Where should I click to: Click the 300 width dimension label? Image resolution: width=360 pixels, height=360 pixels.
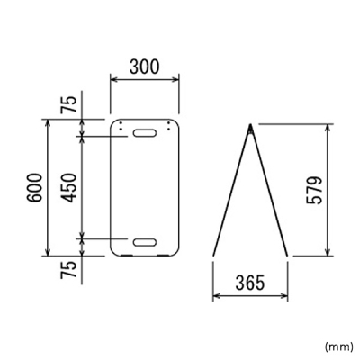[x=144, y=67]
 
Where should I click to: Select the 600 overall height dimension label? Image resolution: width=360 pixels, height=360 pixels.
[x=33, y=187]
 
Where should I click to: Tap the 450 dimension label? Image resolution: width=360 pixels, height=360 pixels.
[x=67, y=187]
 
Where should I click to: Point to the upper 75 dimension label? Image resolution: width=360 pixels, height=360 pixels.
[x=67, y=104]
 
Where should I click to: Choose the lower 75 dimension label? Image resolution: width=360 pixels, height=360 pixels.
[x=67, y=270]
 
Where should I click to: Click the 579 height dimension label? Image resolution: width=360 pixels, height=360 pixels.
[x=314, y=190]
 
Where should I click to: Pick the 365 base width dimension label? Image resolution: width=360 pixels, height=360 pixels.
[x=250, y=283]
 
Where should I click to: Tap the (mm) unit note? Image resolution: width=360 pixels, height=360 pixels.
[x=339, y=346]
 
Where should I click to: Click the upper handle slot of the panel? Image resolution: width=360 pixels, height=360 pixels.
[x=145, y=133]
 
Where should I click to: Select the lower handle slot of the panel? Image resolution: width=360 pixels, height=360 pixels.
[x=145, y=242]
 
